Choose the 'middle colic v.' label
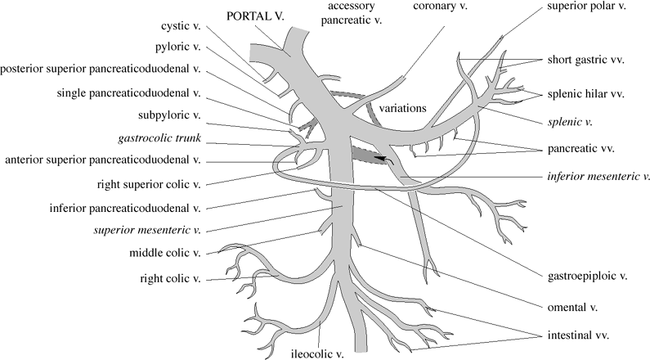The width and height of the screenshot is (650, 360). click(x=166, y=254)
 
